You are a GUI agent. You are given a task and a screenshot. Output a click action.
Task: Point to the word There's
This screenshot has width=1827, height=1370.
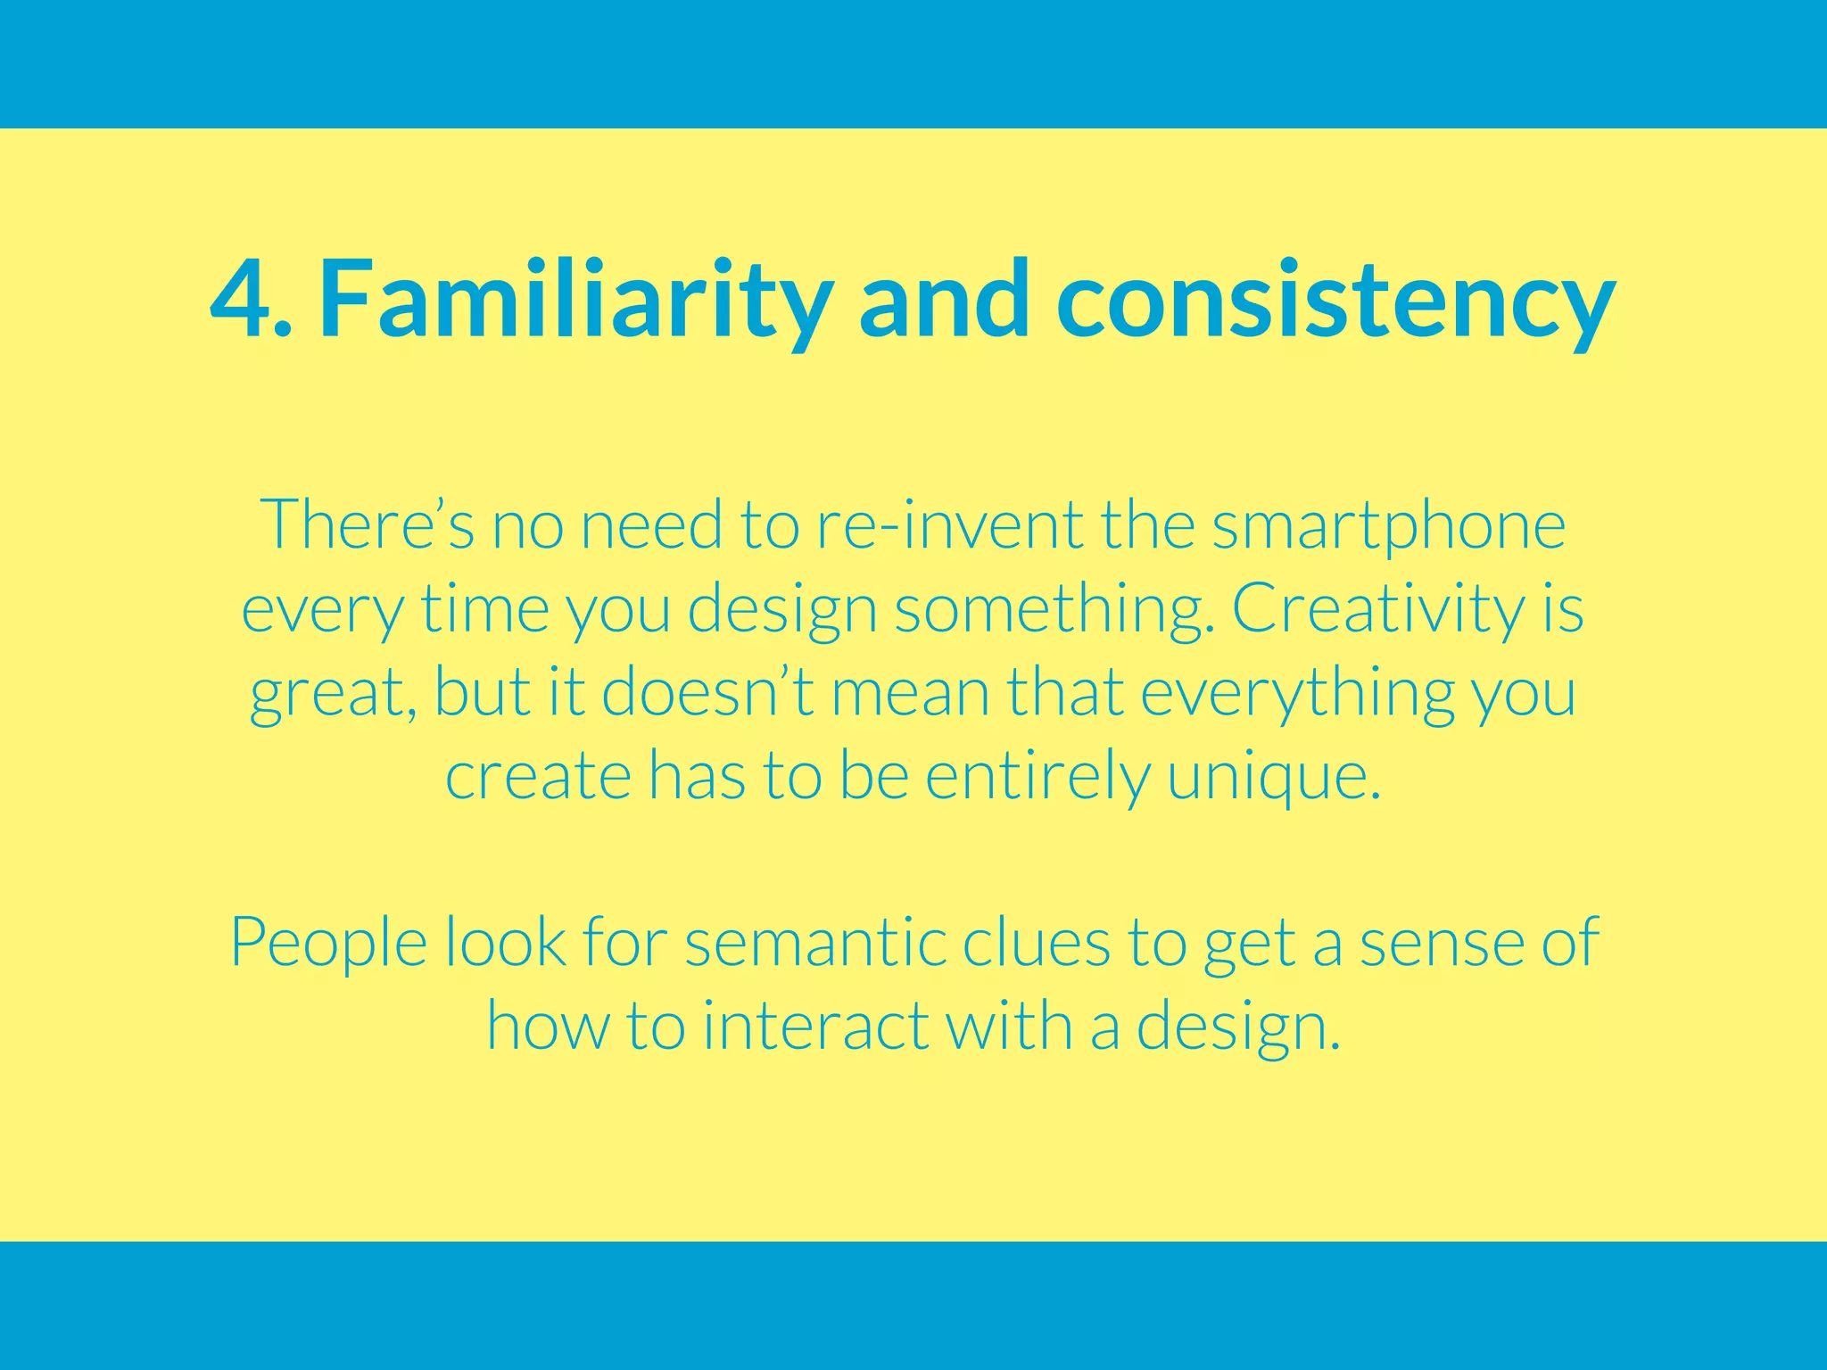tap(367, 525)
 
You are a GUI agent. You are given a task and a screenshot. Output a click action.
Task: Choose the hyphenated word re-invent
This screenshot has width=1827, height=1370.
tap(949, 525)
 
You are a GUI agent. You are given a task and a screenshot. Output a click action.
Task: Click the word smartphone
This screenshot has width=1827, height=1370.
tap(1388, 525)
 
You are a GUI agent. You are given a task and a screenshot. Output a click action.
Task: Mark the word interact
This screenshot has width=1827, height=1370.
tap(815, 1026)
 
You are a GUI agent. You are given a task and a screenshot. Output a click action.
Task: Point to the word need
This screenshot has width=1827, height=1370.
tap(651, 525)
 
